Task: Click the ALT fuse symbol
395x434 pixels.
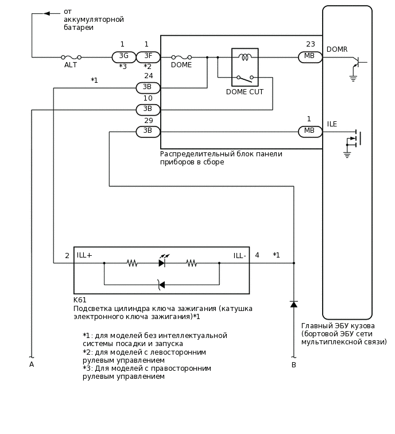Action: click(x=71, y=57)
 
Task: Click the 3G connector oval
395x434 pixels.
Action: click(x=123, y=56)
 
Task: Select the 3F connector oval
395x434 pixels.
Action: click(x=148, y=56)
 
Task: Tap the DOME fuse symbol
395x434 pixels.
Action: click(x=181, y=57)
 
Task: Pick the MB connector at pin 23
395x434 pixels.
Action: click(x=310, y=57)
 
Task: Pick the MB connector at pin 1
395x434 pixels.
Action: click(x=310, y=131)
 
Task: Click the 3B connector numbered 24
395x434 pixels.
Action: click(x=148, y=87)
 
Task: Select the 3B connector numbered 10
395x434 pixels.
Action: click(x=148, y=109)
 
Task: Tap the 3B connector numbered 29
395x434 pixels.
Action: click(x=148, y=131)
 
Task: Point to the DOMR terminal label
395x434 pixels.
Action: click(x=337, y=49)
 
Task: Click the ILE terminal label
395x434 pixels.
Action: click(x=332, y=124)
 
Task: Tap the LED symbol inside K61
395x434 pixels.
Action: click(x=162, y=263)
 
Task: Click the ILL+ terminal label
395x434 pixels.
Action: click(x=84, y=255)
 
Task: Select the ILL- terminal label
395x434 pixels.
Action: click(x=240, y=256)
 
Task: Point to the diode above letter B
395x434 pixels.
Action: click(x=294, y=304)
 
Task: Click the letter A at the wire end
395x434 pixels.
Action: click(x=32, y=364)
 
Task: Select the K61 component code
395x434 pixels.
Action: click(x=80, y=300)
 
